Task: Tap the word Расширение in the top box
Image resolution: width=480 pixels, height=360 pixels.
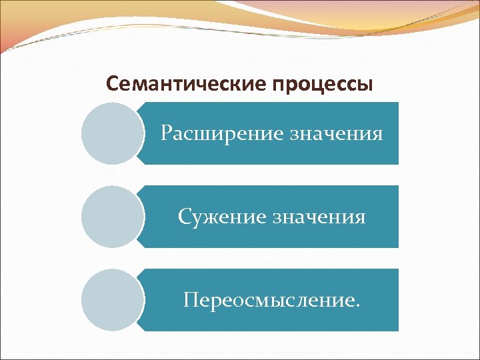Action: pyautogui.click(x=222, y=134)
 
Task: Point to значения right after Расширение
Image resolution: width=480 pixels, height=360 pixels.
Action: pyautogui.click(x=336, y=134)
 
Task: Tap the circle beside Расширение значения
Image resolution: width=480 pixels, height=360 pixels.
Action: pyautogui.click(x=113, y=133)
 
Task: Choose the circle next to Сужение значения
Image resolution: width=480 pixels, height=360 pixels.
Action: pyautogui.click(x=113, y=217)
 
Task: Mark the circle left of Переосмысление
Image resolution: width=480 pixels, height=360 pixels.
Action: pyautogui.click(x=113, y=300)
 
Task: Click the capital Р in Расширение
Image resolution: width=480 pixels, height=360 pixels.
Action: pyautogui.click(x=167, y=134)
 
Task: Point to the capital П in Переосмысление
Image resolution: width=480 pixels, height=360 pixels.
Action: pyautogui.click(x=191, y=300)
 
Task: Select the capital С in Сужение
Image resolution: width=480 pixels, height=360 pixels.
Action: pyautogui.click(x=184, y=217)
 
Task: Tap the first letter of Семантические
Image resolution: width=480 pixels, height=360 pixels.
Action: pyautogui.click(x=112, y=85)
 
